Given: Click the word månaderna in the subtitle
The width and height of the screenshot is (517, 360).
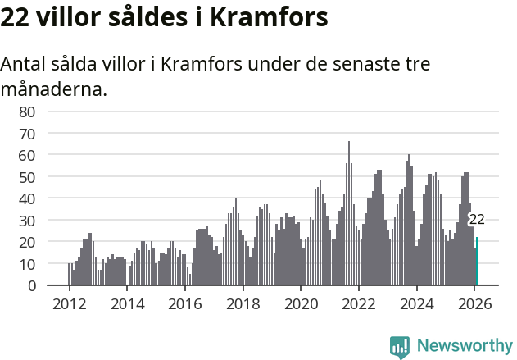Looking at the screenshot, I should pos(53,89).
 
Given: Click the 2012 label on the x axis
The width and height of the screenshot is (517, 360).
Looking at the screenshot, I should pos(69,303).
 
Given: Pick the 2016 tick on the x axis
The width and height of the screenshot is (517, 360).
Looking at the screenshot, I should pos(184,303).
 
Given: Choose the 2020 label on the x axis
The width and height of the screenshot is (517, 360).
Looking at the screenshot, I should pos(301,303).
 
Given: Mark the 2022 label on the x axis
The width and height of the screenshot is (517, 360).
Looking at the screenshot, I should pos(358,303).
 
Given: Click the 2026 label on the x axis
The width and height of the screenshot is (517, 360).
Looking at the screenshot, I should pos(474,303).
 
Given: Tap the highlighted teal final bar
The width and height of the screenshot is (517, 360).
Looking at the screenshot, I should pos(477,262).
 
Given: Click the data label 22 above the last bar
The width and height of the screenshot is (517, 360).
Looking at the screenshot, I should pos(476,220).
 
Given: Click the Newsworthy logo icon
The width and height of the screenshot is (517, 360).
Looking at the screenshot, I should pos(400,346).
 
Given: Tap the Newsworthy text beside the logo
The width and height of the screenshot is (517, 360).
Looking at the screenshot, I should pos(464,346).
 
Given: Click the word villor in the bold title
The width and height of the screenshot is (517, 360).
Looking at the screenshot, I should pos(70,17).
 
